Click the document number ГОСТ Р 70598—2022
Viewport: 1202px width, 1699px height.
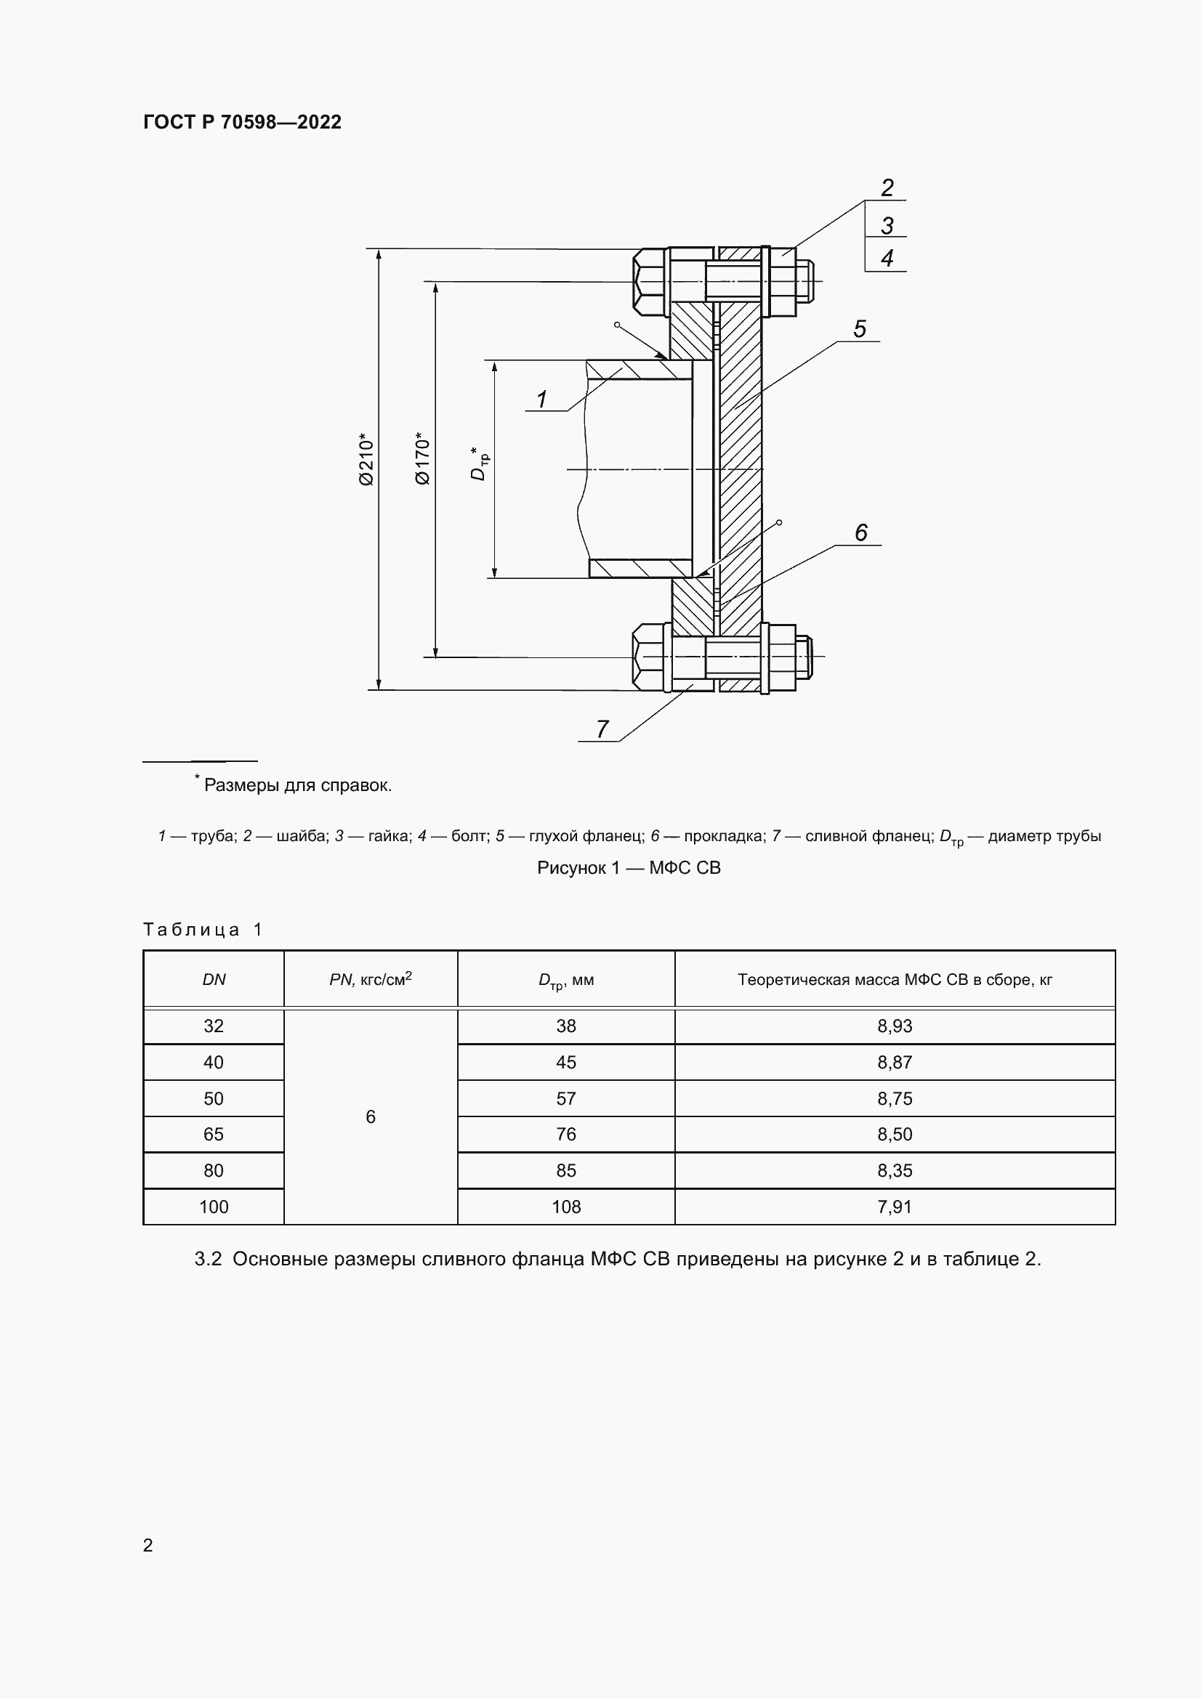[x=242, y=122]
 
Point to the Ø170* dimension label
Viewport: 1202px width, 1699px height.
[x=423, y=458]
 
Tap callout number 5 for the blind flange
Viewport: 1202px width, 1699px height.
[x=859, y=329]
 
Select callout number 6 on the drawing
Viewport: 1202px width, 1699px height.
[x=860, y=532]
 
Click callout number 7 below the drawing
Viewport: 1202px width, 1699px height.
[x=602, y=729]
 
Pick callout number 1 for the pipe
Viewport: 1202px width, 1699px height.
[x=542, y=400]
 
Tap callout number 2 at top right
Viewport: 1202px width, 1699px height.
[x=887, y=188]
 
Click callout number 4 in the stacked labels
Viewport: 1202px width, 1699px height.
[x=887, y=259]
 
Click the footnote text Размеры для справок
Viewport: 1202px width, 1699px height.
[x=297, y=785]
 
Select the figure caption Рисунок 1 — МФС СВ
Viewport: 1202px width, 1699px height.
[x=629, y=868]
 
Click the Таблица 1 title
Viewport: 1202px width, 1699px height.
[x=203, y=930]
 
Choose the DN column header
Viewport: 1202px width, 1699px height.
[x=214, y=980]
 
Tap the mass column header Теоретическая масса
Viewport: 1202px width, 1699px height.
[x=894, y=980]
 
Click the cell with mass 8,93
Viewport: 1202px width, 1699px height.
[x=894, y=1026]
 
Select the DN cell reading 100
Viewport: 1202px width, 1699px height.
[x=214, y=1207]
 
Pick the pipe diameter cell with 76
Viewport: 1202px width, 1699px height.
[x=565, y=1135]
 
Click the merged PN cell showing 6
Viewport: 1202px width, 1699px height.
[x=370, y=1116]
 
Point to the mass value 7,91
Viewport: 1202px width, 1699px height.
[x=894, y=1207]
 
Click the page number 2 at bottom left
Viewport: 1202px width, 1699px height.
[x=148, y=1545]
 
